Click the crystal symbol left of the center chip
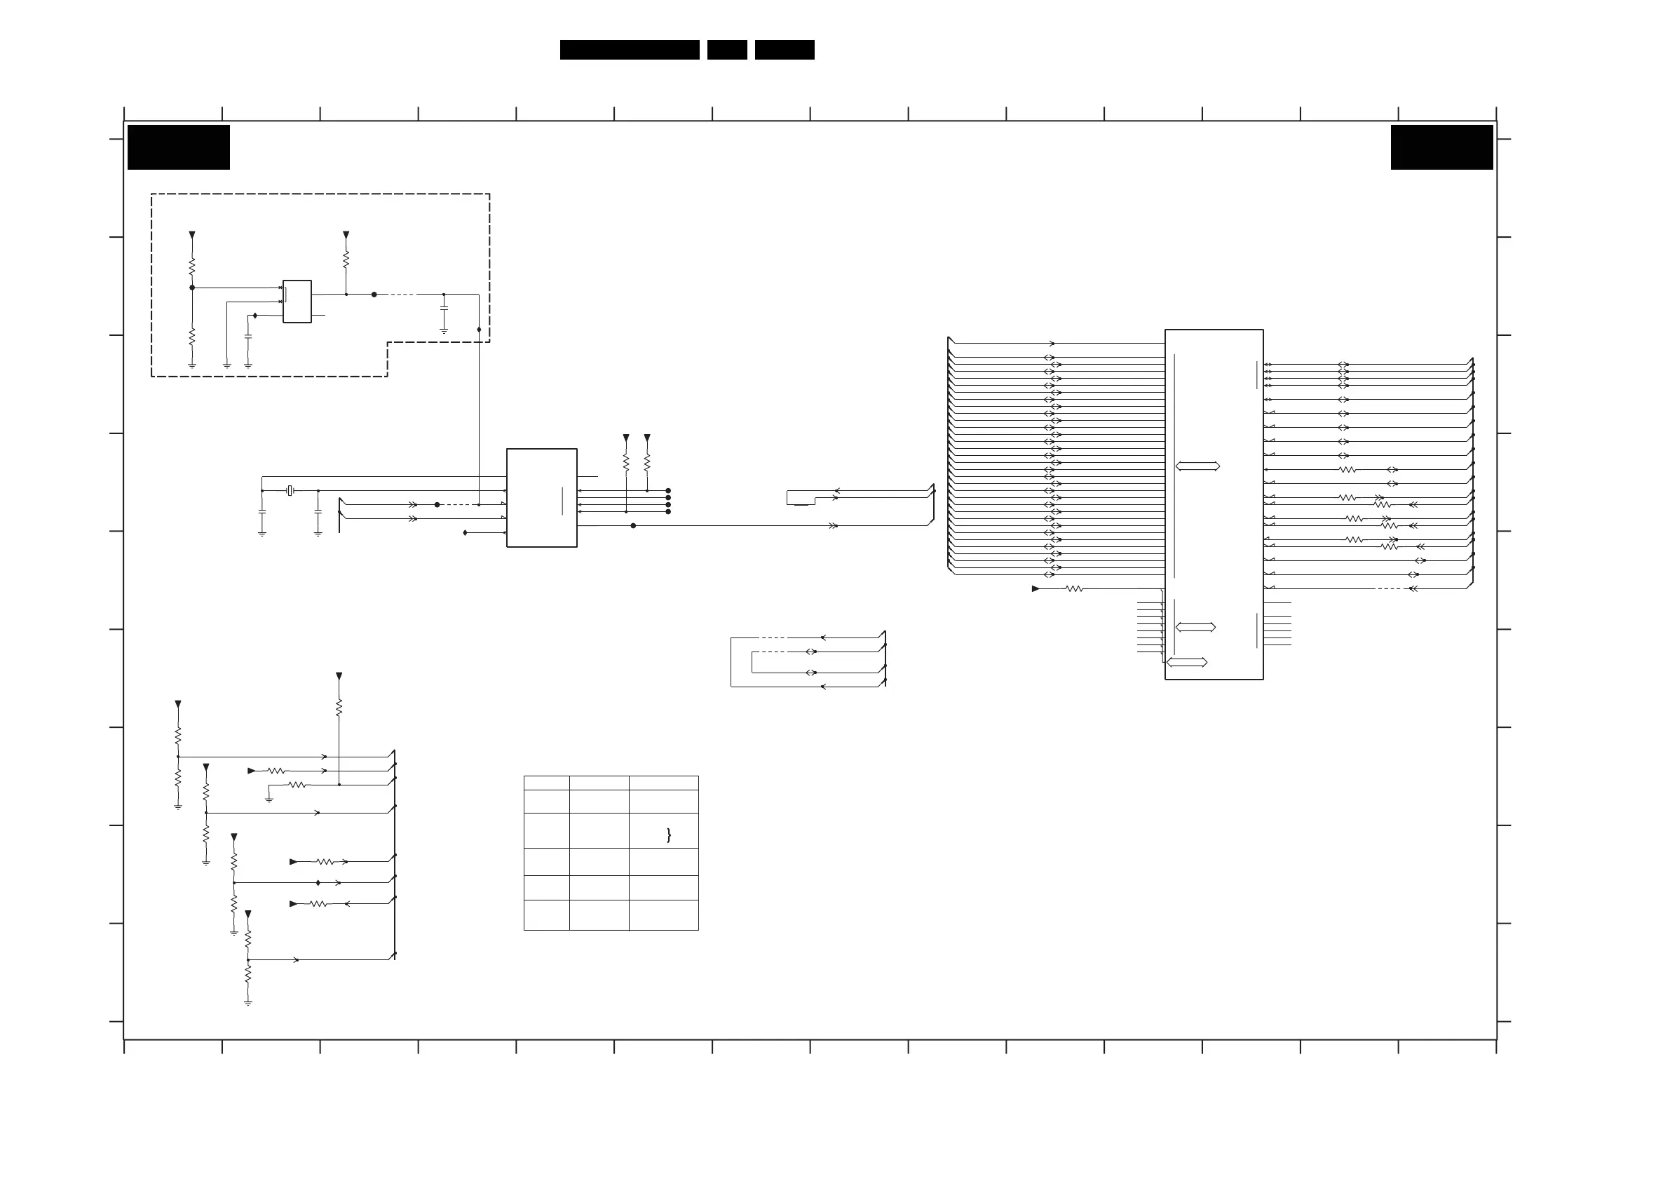(290, 491)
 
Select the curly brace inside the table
(668, 835)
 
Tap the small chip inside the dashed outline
(297, 302)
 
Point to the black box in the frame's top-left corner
(178, 147)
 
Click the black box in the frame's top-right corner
(1441, 147)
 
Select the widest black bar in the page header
(629, 50)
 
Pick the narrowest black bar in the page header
(726, 50)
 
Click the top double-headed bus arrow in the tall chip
(1197, 466)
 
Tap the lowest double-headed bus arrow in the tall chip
(1186, 662)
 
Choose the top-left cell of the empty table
(546, 783)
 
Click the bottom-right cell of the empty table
(663, 915)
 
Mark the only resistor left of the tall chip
(1074, 588)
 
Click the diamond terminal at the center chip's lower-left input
(465, 533)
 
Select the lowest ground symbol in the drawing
(248, 1003)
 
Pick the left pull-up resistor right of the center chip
(625, 462)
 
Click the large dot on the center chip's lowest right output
(633, 525)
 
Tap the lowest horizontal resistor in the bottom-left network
(318, 904)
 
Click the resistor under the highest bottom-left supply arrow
(339, 708)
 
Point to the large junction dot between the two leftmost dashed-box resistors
(192, 288)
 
